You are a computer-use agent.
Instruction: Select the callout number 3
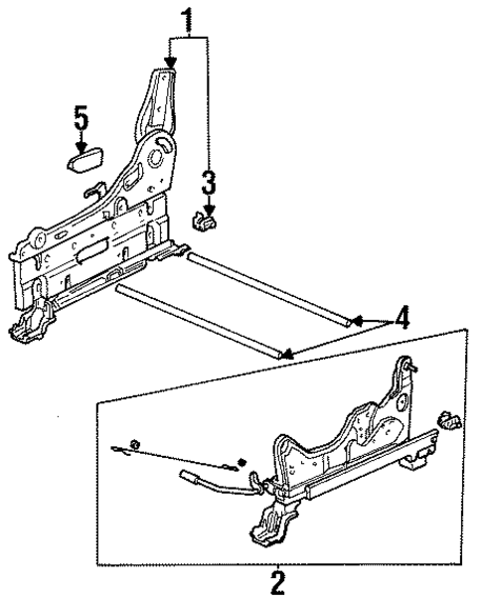tap(208, 182)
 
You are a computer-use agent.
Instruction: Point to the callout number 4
tap(400, 320)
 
